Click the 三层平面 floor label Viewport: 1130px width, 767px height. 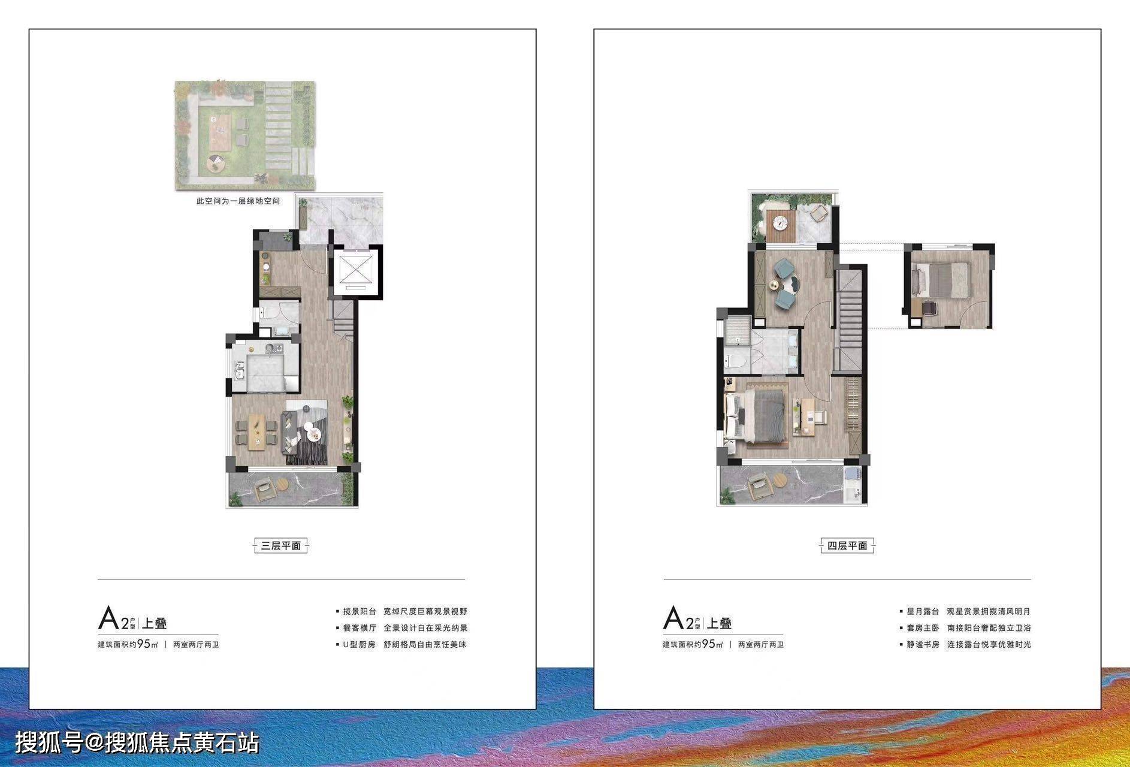(280, 545)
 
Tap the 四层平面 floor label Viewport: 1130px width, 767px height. (847, 545)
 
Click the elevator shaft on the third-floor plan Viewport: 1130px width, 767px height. (356, 272)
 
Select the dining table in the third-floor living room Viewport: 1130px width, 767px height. (256, 432)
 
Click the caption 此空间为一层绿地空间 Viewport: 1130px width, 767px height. (238, 201)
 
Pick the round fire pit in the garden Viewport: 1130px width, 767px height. (215, 162)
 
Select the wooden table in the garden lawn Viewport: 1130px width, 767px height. (219, 132)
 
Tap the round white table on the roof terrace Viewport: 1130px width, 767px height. (781, 223)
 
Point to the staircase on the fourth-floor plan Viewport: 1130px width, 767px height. (849, 320)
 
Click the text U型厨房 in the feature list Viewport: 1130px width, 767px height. (359, 645)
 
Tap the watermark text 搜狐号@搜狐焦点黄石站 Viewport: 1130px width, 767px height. (137, 743)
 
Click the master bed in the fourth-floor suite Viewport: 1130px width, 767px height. (756, 416)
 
